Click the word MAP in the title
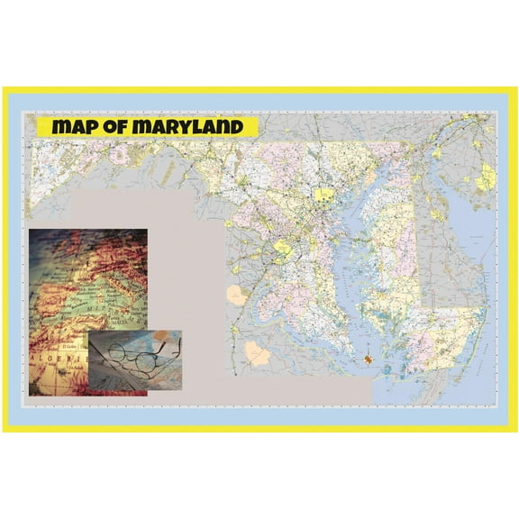[x=75, y=126]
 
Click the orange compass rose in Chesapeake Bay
[x=368, y=360]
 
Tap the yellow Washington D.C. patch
[x=282, y=247]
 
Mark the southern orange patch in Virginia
[x=259, y=352]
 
